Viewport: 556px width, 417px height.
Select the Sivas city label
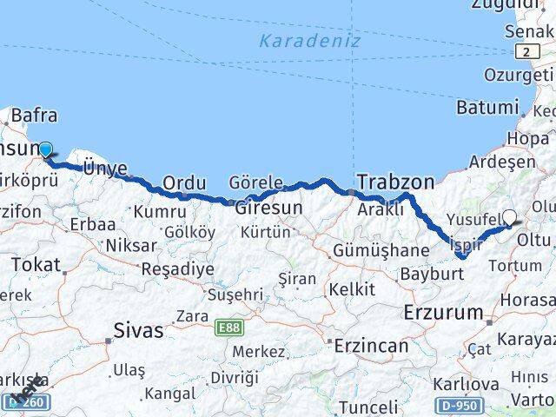pos(138,329)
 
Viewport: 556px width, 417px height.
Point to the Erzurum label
pos(442,312)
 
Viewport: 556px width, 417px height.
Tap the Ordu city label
pos(184,183)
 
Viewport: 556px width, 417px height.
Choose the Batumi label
pos(486,108)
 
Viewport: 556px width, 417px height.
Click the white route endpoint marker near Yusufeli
pos(509,218)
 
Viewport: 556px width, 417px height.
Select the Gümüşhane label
pos(381,250)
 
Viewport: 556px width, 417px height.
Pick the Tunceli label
pos(367,407)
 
